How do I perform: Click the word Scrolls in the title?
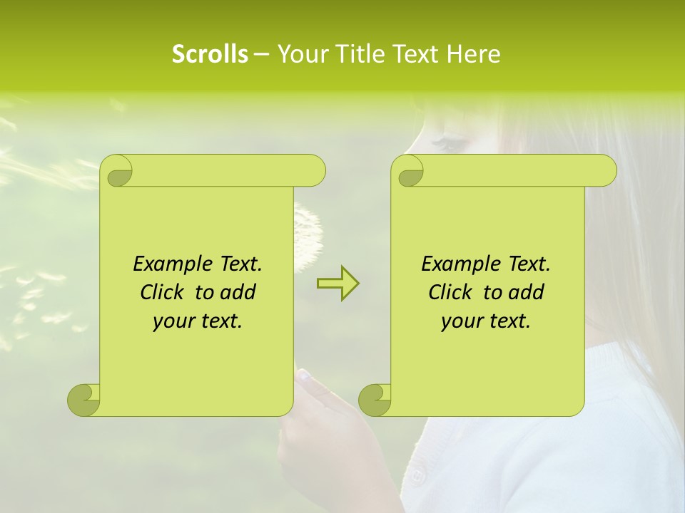[210, 54]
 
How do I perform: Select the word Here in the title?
[474, 54]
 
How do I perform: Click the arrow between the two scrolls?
[338, 284]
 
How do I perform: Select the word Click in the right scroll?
[450, 292]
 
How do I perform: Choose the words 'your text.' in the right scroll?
[486, 321]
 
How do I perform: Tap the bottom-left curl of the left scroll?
[84, 399]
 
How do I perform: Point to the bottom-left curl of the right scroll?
[375, 399]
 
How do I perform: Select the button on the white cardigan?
[417, 473]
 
